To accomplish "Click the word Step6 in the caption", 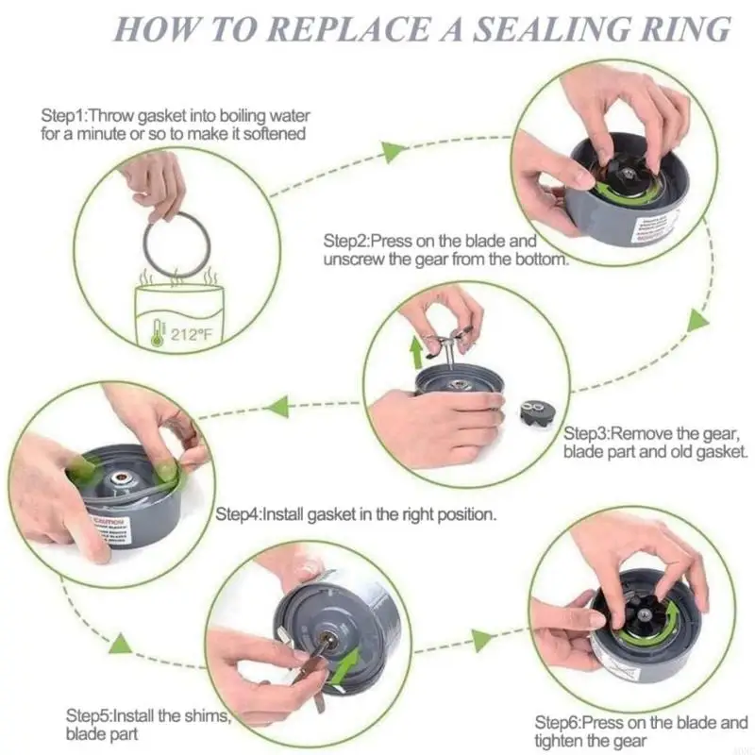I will [560, 723].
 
